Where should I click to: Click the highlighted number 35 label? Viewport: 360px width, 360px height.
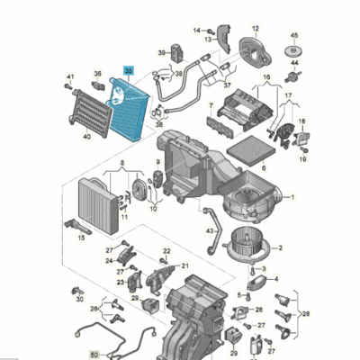click(x=128, y=69)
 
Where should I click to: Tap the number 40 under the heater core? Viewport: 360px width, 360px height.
click(x=86, y=137)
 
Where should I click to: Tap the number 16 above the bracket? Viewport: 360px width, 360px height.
click(x=265, y=79)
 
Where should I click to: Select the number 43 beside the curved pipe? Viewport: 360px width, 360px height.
click(x=209, y=229)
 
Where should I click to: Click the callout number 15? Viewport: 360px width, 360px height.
click(x=81, y=238)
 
